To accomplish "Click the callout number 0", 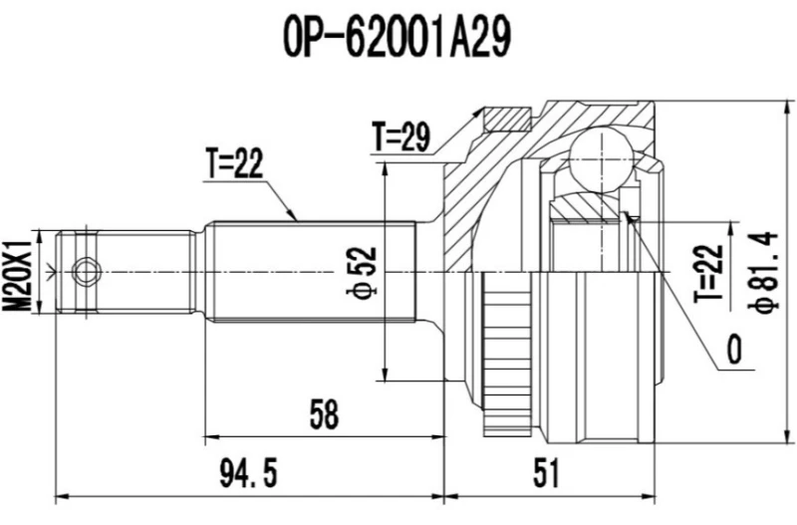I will coord(734,351).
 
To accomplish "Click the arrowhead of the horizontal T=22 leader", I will coord(295,216).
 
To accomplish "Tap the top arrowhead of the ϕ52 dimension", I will coord(383,163).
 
